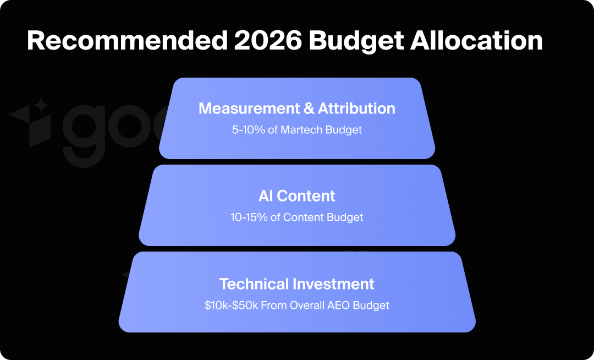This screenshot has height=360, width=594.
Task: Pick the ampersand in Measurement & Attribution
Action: [310, 108]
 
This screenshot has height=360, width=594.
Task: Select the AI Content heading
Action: [297, 195]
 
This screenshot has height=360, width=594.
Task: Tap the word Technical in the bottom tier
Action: [254, 284]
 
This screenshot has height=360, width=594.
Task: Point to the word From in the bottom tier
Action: [274, 306]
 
